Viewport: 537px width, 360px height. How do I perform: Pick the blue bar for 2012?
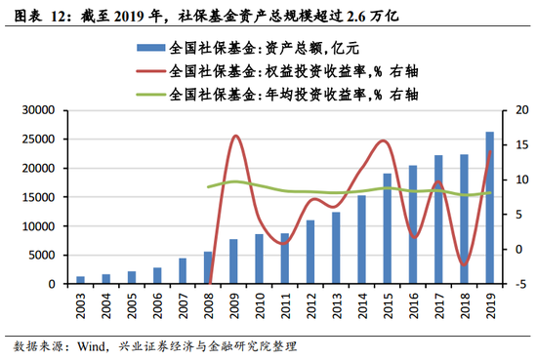pos(310,252)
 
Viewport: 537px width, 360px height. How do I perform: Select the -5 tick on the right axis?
pos(517,284)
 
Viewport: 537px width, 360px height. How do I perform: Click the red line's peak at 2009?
pos(234,136)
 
